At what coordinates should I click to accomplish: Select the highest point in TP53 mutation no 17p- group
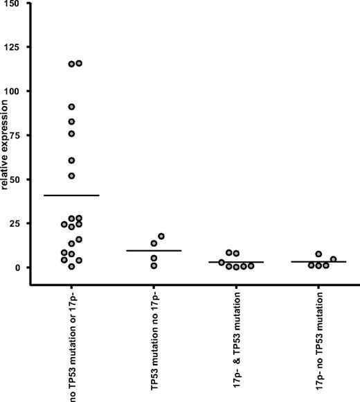pyautogui.click(x=161, y=236)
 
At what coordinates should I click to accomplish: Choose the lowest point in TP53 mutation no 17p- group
pyautogui.click(x=154, y=265)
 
